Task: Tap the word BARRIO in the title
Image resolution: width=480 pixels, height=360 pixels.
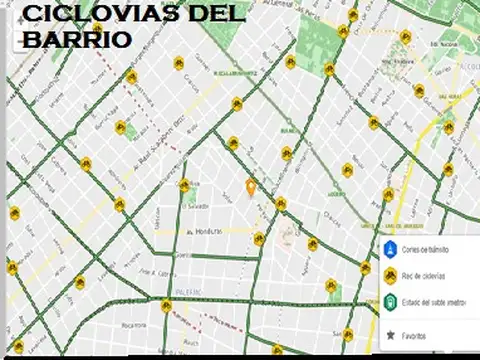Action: [x=76, y=40]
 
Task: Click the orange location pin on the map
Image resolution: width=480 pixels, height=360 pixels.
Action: [x=252, y=187]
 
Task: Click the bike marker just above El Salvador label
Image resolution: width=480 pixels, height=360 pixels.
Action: [x=183, y=185]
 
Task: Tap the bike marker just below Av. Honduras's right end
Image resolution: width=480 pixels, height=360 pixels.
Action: [x=259, y=238]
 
